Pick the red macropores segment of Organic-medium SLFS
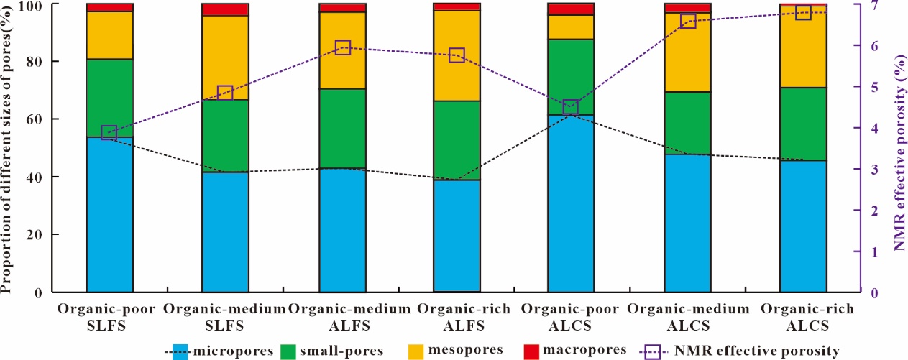pyautogui.click(x=225, y=9)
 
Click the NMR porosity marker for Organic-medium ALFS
pyautogui.click(x=342, y=47)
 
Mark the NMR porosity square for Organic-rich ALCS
pyautogui.click(x=803, y=12)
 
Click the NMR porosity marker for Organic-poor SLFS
pyautogui.click(x=109, y=132)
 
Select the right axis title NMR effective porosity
pyautogui.click(x=898, y=147)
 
